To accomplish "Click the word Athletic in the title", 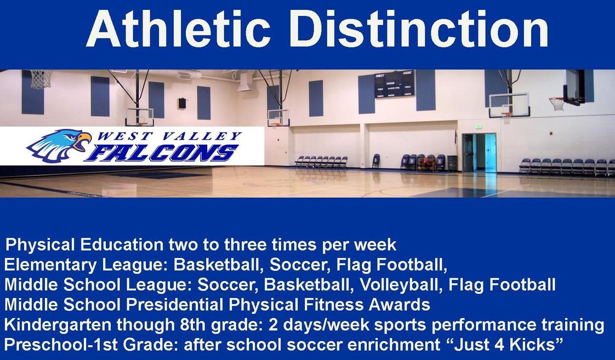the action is [178, 28].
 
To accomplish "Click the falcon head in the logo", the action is [59, 146].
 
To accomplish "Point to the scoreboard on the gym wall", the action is [394, 84].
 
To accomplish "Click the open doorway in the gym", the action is [479, 152].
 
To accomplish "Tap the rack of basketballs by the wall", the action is [427, 163].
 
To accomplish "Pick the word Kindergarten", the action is [58, 325].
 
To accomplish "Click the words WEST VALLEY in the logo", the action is [169, 136].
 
